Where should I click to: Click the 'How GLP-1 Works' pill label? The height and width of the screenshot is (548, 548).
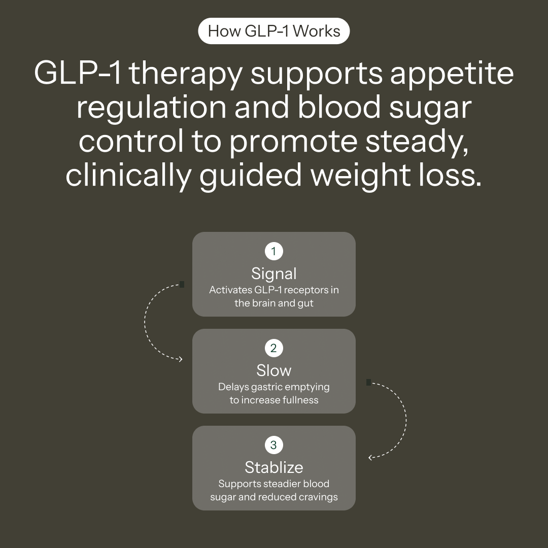pos(274,31)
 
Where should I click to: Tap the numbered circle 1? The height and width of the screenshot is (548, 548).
pos(274,251)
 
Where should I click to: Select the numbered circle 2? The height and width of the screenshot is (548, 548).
pos(274,348)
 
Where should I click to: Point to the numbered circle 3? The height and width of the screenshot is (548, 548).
pos(274,445)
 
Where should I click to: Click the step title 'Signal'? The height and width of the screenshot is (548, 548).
pos(274,273)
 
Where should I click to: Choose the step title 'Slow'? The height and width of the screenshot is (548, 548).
pos(274,370)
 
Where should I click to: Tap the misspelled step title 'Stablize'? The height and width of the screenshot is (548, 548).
pos(274,467)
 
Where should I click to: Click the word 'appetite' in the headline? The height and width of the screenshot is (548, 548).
pos(452,74)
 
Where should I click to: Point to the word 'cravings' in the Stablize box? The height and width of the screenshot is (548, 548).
pos(318,497)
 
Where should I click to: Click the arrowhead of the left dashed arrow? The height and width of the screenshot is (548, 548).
pos(180,359)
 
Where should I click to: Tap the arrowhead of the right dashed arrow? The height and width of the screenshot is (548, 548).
pos(370,457)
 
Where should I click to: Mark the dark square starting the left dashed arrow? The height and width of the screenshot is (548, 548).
pos(182,285)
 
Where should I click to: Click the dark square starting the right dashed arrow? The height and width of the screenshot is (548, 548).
pos(368,382)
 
